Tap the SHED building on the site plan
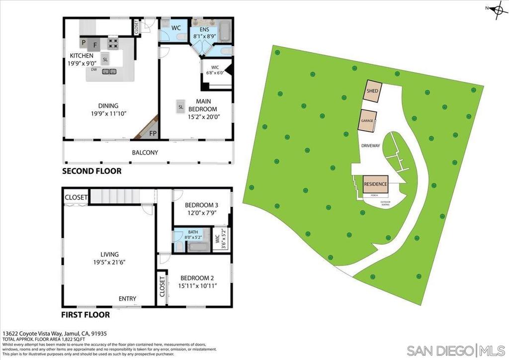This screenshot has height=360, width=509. [373, 91]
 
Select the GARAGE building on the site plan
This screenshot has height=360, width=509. [367, 121]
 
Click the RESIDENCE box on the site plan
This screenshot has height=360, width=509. [375, 184]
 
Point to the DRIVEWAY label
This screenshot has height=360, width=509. [370, 146]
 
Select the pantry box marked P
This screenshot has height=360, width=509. [84, 43]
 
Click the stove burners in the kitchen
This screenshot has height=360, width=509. [113, 43]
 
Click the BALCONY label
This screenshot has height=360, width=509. [145, 153]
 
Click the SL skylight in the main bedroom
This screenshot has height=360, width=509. [181, 106]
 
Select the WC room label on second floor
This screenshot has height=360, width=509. [175, 28]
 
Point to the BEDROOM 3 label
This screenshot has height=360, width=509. [201, 205]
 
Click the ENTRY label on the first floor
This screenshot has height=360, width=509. [127, 298]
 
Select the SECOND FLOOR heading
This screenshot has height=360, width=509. [91, 171]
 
